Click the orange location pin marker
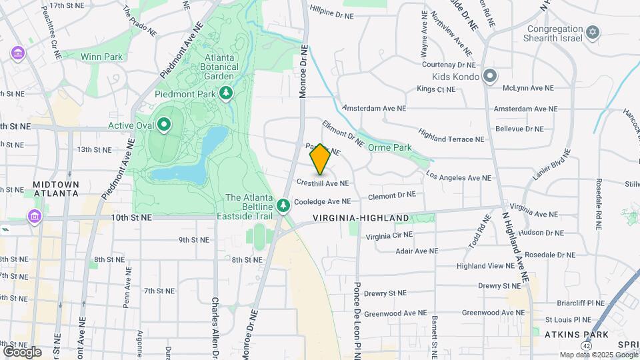click(x=320, y=159)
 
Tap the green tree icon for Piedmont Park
click(x=227, y=93)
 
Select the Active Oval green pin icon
click(x=163, y=125)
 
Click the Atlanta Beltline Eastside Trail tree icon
click(x=284, y=205)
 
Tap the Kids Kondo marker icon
click(x=490, y=77)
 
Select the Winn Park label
click(x=101, y=57)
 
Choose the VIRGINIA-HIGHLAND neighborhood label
click(x=361, y=218)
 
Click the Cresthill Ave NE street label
click(x=323, y=183)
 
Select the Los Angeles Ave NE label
click(x=458, y=178)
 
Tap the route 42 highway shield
click(x=585, y=346)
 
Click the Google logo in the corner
click(x=22, y=351)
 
